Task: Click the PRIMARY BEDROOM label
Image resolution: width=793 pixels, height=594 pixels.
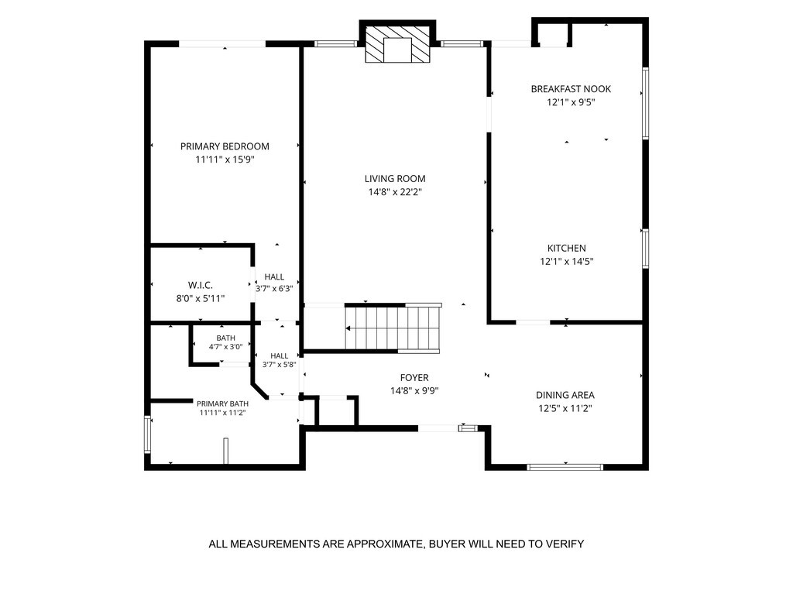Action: pos(225,146)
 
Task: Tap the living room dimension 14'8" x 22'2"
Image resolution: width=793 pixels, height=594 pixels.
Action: pos(395,192)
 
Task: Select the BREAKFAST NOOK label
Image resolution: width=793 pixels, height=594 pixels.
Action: pos(571,89)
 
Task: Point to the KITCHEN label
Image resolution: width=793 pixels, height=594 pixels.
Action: pos(566,249)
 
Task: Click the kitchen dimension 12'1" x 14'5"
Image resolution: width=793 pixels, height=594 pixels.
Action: pos(566,262)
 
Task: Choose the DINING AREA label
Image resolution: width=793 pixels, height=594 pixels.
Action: pos(565,395)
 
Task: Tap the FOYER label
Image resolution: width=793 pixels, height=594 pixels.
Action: pos(414,377)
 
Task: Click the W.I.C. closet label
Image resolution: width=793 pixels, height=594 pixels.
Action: pos(201,285)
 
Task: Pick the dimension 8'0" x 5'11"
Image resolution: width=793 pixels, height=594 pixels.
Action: pos(201,298)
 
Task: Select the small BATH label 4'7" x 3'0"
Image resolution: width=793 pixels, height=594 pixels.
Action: pos(225,342)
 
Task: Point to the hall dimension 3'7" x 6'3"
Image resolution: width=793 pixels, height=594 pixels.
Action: pos(274,289)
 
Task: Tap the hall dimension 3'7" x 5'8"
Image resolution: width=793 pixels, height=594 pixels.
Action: pos(279,364)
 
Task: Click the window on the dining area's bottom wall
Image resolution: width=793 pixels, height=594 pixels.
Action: pos(565,467)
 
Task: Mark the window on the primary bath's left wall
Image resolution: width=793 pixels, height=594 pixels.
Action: pos(147,434)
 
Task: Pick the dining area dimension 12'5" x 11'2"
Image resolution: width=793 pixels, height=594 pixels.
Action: pos(565,408)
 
